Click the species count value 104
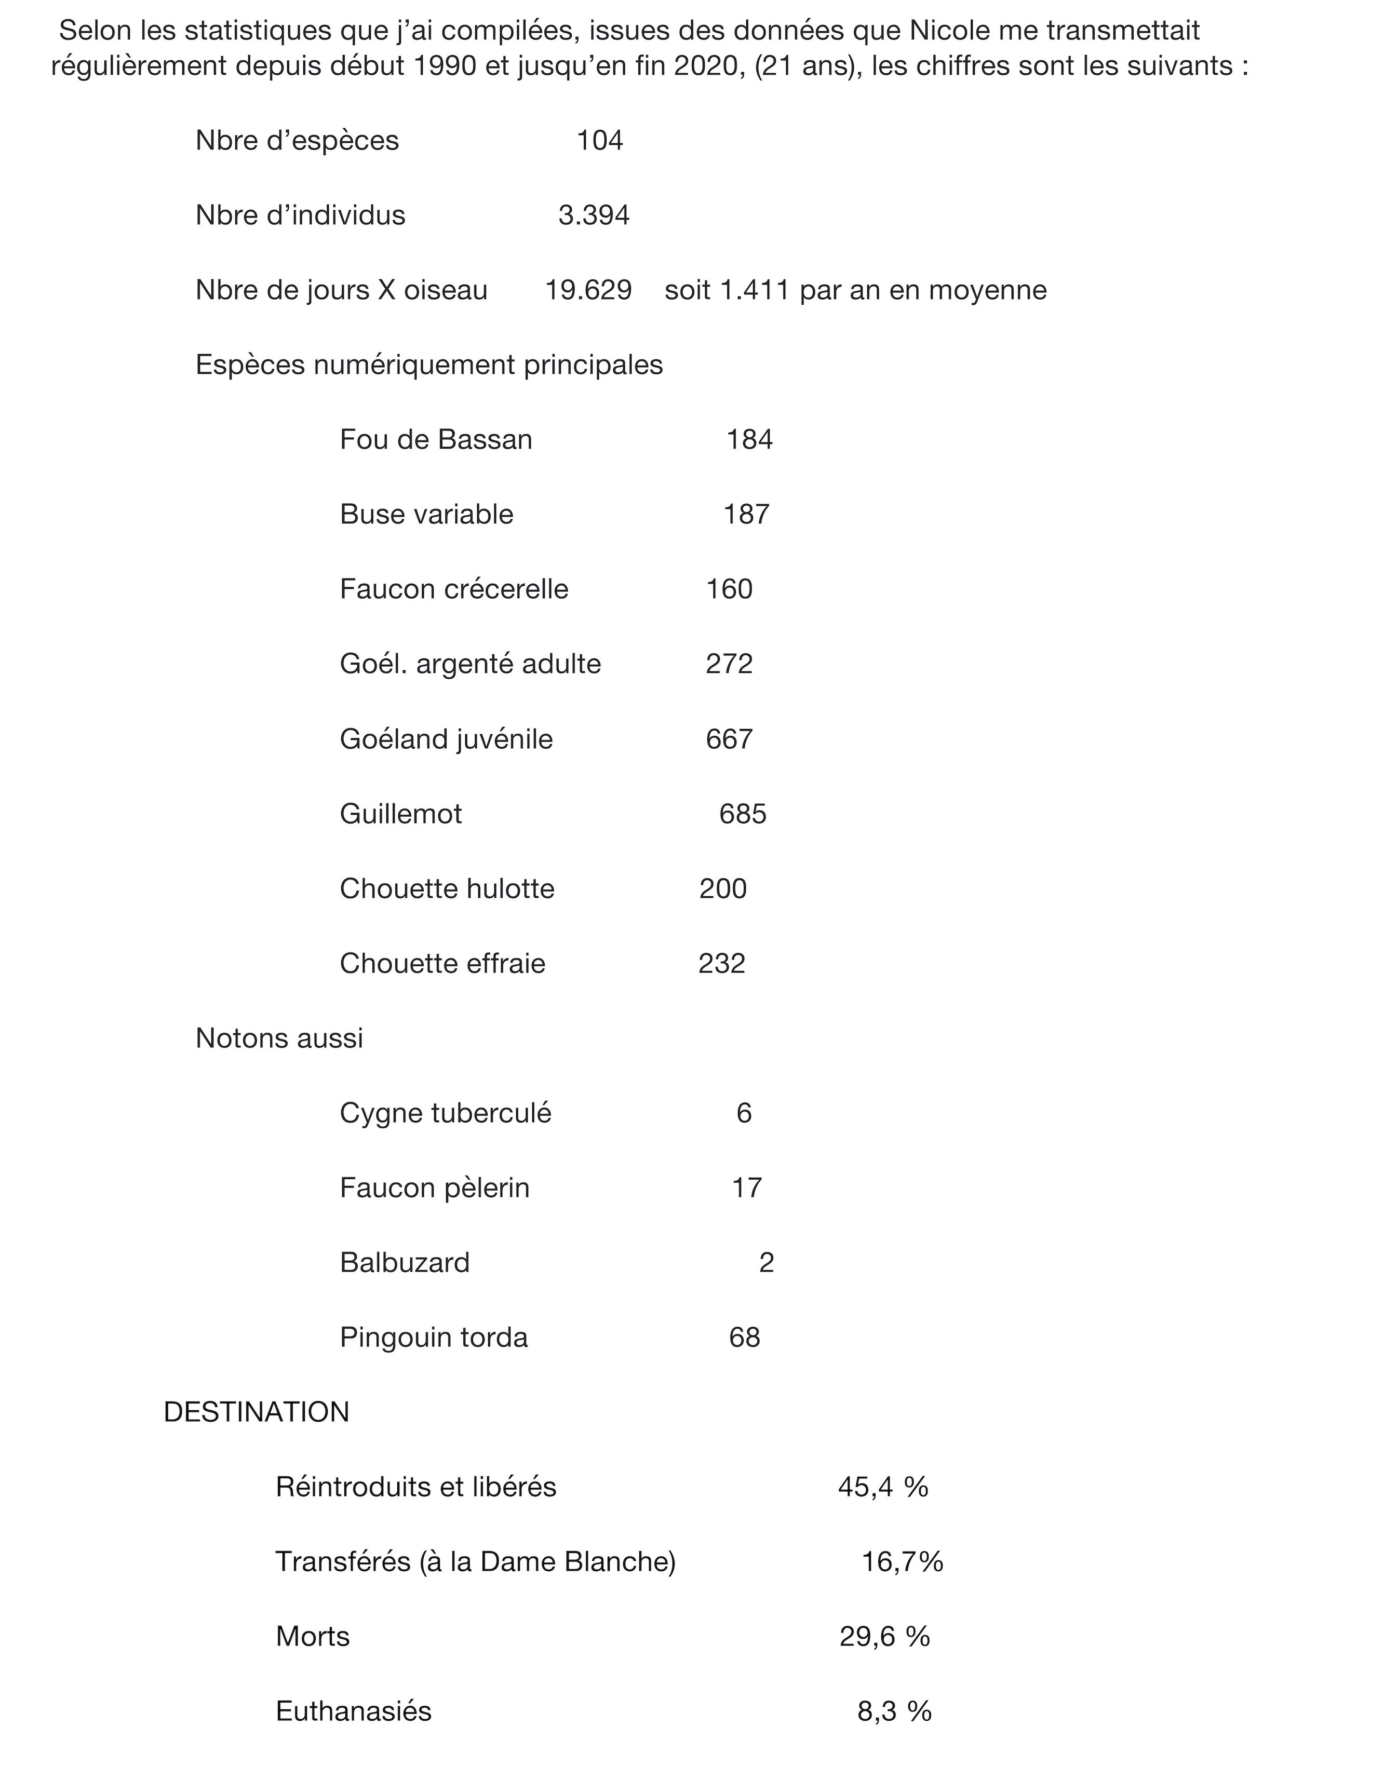(x=600, y=141)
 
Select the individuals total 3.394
(x=594, y=215)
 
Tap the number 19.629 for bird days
(x=588, y=290)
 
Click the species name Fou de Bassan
(x=436, y=440)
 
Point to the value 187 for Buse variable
(x=746, y=515)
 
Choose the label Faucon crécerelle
(x=454, y=589)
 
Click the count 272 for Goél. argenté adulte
(x=729, y=664)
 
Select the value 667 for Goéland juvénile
(x=729, y=739)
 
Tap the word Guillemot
(x=400, y=814)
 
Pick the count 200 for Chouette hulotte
(x=723, y=889)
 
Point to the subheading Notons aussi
(x=279, y=1038)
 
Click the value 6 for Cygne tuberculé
(x=744, y=1113)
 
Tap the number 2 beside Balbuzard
(x=767, y=1263)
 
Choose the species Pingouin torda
(x=434, y=1338)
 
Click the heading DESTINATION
(x=256, y=1412)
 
